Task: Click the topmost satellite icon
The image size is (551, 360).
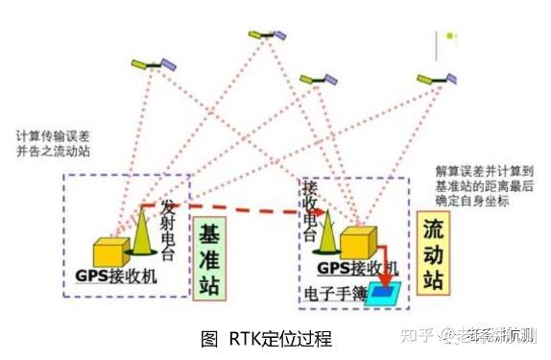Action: (267, 34)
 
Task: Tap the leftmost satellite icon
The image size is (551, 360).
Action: (154, 65)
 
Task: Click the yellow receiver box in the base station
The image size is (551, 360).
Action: (111, 252)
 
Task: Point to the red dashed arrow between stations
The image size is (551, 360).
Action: (239, 212)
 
